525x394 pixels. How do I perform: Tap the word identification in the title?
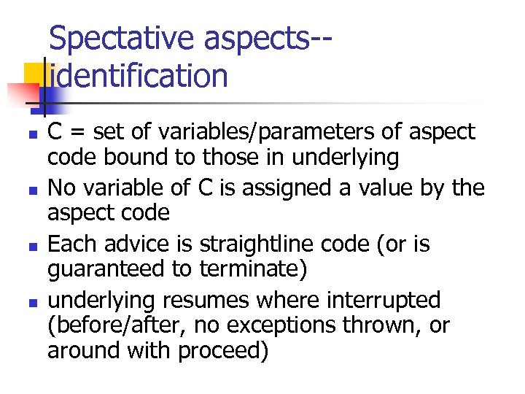pyautogui.click(x=138, y=76)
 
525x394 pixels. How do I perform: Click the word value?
pyautogui.click(x=386, y=188)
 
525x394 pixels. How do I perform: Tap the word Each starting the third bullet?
pyautogui.click(x=68, y=244)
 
